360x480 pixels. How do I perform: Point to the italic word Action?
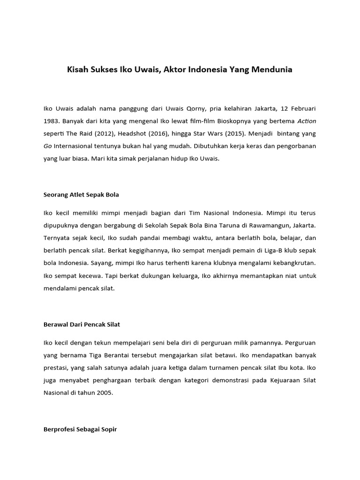coord(307,121)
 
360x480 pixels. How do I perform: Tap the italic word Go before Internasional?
coord(48,146)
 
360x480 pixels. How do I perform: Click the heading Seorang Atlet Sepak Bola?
coord(85,194)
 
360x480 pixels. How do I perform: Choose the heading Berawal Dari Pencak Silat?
coord(85,324)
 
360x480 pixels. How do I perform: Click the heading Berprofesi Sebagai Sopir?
coord(80,428)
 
